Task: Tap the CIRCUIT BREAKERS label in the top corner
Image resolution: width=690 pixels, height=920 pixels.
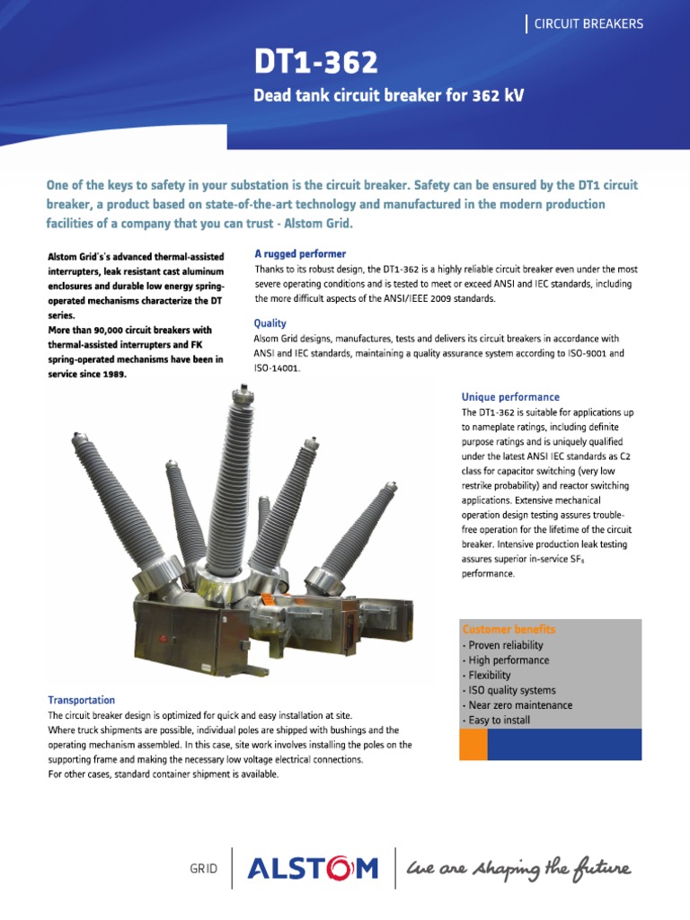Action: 588,24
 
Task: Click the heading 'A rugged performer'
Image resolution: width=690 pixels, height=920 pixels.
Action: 300,254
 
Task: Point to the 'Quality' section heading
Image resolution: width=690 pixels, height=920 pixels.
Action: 270,323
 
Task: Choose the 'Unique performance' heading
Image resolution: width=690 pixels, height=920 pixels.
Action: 510,396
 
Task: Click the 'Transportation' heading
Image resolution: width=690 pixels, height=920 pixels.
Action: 81,700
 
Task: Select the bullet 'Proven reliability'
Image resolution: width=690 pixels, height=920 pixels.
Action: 505,645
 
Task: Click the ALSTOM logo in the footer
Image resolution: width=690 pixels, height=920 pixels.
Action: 313,869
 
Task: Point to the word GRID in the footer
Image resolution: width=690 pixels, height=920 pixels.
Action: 203,870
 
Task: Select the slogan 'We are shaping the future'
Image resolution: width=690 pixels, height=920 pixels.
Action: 518,869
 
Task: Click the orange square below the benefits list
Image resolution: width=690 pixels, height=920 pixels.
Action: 473,744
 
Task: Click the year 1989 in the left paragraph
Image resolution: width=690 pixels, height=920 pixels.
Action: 111,374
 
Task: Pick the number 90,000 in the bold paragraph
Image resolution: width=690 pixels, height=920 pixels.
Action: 108,330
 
